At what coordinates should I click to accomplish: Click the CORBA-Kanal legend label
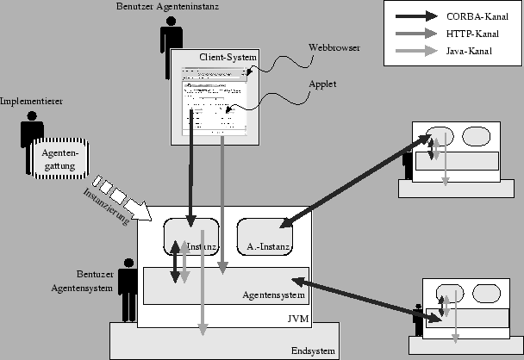477,16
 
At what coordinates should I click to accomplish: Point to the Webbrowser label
334,47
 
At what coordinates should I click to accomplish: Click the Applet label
321,84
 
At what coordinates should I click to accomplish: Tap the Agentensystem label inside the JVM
274,295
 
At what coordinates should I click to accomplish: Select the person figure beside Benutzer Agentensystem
128,288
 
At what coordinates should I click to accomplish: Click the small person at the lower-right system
418,319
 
